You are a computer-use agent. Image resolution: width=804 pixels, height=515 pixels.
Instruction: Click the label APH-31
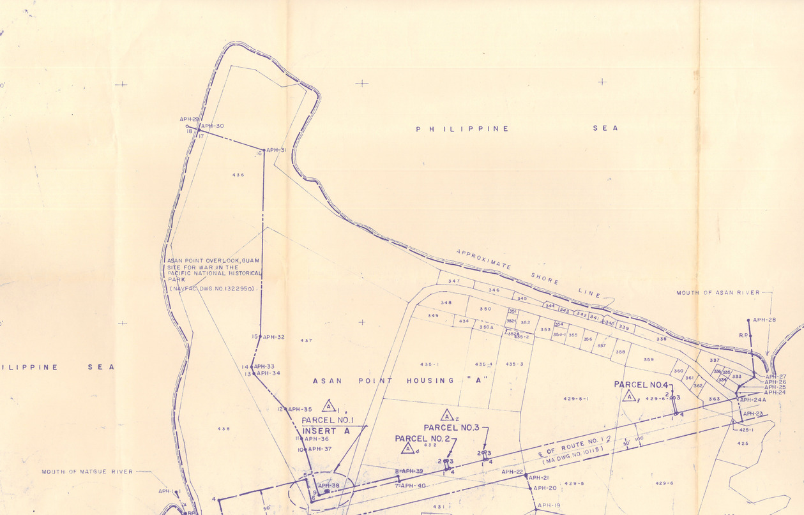pyautogui.click(x=276, y=151)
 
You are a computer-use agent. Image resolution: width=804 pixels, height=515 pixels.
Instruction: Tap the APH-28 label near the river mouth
pyautogui.click(x=764, y=320)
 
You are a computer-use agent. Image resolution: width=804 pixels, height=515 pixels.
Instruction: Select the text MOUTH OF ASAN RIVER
pyautogui.click(x=718, y=293)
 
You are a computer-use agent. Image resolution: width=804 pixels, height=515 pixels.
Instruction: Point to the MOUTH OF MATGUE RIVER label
pyautogui.click(x=87, y=472)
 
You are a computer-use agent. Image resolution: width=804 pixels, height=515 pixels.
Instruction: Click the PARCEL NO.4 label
pyautogui.click(x=641, y=385)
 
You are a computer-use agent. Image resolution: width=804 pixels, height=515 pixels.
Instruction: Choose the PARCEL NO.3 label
pyautogui.click(x=451, y=427)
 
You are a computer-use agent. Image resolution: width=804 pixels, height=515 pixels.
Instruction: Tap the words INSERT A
pyautogui.click(x=326, y=431)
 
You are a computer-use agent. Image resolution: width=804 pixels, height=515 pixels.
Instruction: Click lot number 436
pyautogui.click(x=238, y=175)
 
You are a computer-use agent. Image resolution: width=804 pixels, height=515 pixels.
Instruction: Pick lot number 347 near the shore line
pyautogui.click(x=454, y=281)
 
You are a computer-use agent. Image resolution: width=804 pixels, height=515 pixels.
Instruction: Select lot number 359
pyautogui.click(x=648, y=360)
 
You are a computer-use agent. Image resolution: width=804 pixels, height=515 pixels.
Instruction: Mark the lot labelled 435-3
pyautogui.click(x=514, y=364)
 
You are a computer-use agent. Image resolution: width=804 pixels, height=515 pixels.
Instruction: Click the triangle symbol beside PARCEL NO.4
pyautogui.click(x=628, y=396)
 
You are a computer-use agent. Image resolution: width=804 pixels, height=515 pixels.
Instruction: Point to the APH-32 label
pyautogui.click(x=273, y=337)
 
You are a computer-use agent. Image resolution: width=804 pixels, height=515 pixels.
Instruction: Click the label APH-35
pyautogui.click(x=300, y=409)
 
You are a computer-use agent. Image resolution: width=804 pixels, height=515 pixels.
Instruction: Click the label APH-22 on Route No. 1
pyautogui.click(x=512, y=472)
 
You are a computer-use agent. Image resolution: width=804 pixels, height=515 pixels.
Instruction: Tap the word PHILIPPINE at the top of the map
pyautogui.click(x=462, y=129)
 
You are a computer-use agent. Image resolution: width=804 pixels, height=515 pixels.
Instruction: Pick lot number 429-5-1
pyautogui.click(x=575, y=399)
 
